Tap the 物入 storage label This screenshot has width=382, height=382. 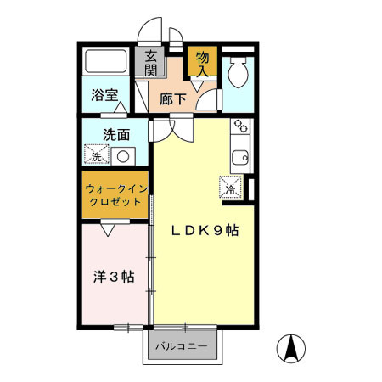point(202,64)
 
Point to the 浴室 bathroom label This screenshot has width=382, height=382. point(104,95)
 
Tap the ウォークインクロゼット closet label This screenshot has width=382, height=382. point(116,195)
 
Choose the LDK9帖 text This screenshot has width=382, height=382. point(203,231)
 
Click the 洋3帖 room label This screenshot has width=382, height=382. point(114,276)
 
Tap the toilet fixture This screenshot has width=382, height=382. point(238,75)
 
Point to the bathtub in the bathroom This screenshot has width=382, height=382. point(106,62)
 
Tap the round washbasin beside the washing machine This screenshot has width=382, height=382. point(124,156)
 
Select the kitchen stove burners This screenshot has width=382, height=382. point(240,128)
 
